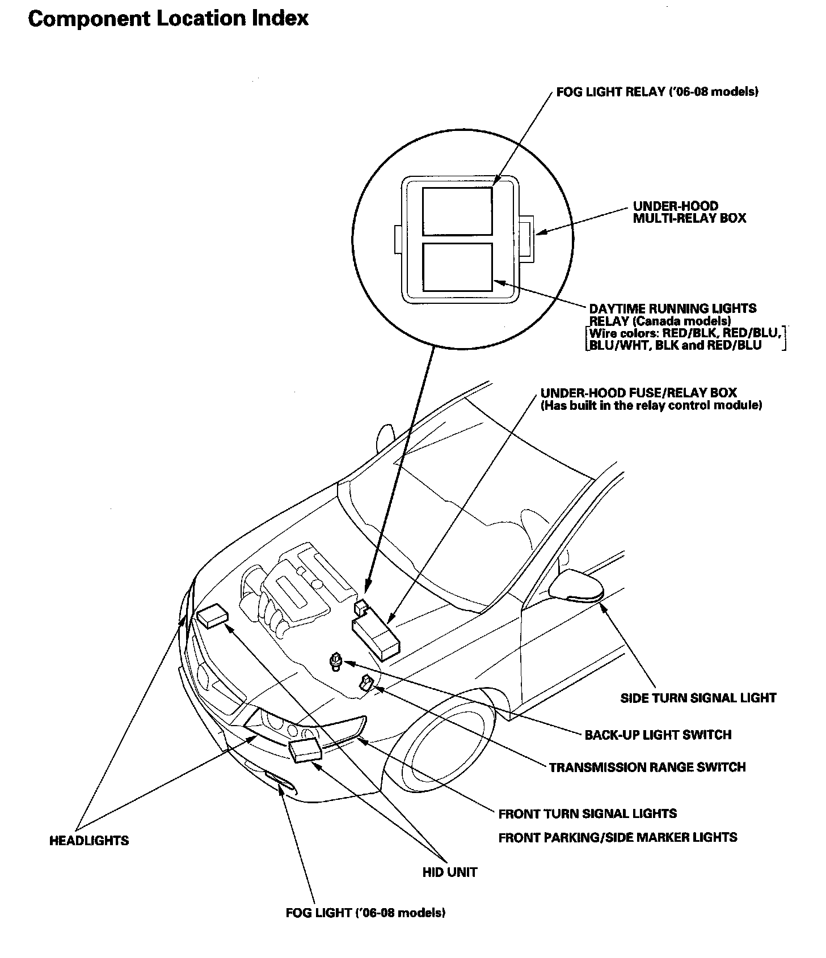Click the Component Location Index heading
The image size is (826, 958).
168,19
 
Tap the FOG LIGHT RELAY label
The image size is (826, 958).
657,92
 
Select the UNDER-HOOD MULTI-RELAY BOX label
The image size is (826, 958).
689,212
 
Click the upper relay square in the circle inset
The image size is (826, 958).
457,211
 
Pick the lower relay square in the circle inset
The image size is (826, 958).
457,268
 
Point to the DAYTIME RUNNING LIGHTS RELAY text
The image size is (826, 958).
672,315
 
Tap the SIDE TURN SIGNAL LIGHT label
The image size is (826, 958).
698,698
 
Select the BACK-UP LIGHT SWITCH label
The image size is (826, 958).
658,735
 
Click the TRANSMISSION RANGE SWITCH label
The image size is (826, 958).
647,767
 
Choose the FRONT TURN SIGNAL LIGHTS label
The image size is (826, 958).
587,814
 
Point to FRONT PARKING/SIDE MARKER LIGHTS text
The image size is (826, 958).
617,837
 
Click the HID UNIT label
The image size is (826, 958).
449,872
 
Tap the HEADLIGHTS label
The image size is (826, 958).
89,841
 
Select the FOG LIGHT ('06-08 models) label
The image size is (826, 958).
365,913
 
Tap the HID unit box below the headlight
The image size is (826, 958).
306,750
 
